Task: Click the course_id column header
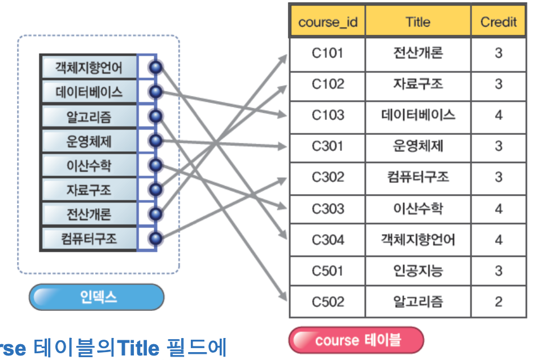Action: point(327,23)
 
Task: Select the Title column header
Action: point(418,23)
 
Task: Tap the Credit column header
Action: point(498,23)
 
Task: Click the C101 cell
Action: point(327,53)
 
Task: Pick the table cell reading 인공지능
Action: point(418,271)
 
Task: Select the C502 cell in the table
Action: point(327,301)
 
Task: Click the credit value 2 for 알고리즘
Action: point(498,301)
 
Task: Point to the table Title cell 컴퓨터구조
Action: point(418,177)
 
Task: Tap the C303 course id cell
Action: point(327,209)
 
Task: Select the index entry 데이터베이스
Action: point(89,92)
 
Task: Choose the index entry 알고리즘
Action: point(89,117)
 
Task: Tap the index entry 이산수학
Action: point(89,165)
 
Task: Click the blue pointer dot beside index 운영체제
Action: point(155,141)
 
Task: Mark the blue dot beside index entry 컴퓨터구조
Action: point(155,238)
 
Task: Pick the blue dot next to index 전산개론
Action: point(155,214)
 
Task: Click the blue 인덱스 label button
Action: point(97,297)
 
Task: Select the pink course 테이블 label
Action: point(356,340)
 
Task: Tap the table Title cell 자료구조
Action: point(418,84)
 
